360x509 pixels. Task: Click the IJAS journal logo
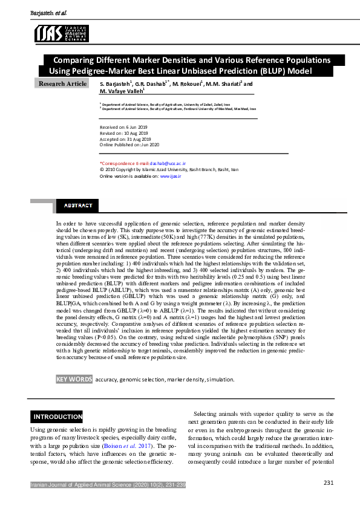coord(62,33)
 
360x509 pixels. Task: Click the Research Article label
coord(63,83)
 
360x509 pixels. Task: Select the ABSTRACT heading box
coord(78,206)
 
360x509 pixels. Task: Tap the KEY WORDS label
coord(74,379)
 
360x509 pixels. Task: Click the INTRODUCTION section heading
coord(57,417)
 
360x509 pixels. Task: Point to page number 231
coord(329,482)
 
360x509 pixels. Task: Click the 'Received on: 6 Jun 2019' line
coord(123,127)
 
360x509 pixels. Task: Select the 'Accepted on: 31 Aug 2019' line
coord(125,139)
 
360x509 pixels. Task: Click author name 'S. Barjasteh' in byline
coord(115,84)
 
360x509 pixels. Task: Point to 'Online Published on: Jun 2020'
coord(129,145)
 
